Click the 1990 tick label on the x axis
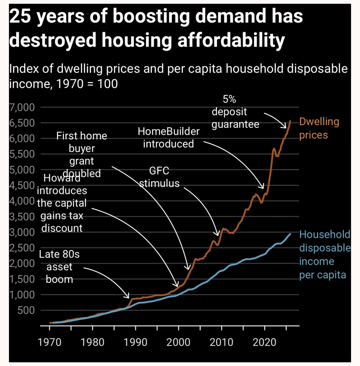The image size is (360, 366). point(135,343)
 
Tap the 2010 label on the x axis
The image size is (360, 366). point(222,343)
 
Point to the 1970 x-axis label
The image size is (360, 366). point(49,343)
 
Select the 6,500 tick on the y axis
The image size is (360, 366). point(24,123)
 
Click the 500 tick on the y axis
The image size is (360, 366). point(28,310)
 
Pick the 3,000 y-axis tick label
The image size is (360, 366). point(24,232)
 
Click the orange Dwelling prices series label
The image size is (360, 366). point(319,128)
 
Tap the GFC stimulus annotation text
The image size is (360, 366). point(159,177)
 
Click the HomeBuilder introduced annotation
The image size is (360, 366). point(169,137)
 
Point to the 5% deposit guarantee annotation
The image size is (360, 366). point(235,112)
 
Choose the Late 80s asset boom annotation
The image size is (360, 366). point(59,267)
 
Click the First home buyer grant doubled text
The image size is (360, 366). point(82,154)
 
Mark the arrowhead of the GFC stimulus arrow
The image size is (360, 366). point(218,235)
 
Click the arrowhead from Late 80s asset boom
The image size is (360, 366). point(129,297)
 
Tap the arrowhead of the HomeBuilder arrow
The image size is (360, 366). point(263,188)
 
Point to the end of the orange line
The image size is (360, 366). point(290,121)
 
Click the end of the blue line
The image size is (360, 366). point(290,234)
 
